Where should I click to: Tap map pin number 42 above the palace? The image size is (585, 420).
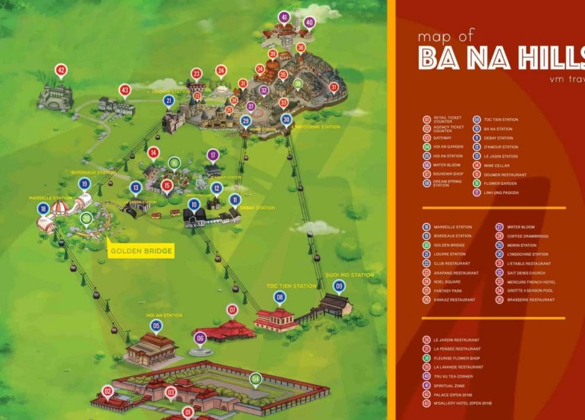click(61, 71)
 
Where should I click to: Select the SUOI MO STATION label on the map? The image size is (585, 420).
click(350, 275)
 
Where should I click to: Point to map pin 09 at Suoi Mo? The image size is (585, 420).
click(339, 286)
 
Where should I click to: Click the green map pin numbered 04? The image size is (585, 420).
click(255, 378)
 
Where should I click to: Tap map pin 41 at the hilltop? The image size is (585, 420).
click(284, 18)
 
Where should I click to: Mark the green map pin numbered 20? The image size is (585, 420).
click(86, 219)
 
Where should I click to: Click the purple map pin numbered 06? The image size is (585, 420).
click(200, 338)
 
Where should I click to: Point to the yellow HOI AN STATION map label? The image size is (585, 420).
click(164, 315)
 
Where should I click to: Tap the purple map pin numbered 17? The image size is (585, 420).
click(213, 156)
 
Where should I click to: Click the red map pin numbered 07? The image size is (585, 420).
click(232, 309)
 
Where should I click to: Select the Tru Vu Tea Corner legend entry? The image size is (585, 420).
click(453, 376)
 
